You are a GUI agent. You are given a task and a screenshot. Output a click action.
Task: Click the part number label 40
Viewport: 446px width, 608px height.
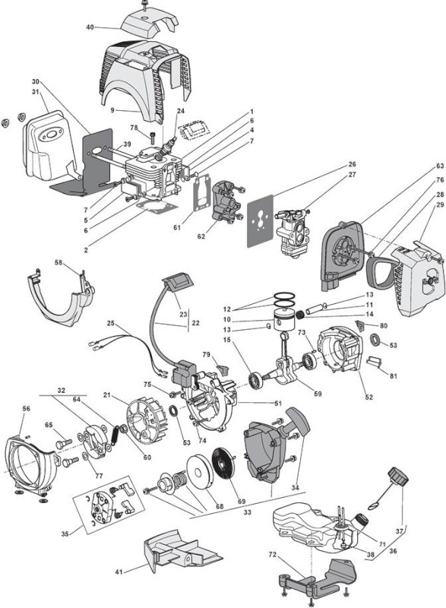(x=90, y=27)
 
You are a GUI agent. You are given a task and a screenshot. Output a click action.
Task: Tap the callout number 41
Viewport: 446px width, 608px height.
(x=119, y=572)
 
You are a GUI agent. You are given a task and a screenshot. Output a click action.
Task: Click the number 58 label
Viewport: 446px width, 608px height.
(x=59, y=262)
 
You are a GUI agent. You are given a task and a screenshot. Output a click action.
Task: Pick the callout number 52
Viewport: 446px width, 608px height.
(x=369, y=397)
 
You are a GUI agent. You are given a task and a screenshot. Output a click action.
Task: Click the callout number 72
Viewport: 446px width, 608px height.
(x=273, y=555)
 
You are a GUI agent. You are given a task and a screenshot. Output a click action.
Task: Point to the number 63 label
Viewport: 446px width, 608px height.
(x=440, y=166)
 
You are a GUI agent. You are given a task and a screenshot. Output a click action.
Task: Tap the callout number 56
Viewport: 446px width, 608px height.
(x=26, y=408)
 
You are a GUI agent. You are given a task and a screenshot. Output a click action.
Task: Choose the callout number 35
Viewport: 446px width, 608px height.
(x=65, y=534)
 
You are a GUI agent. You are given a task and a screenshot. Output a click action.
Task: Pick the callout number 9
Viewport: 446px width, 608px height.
(x=112, y=110)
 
